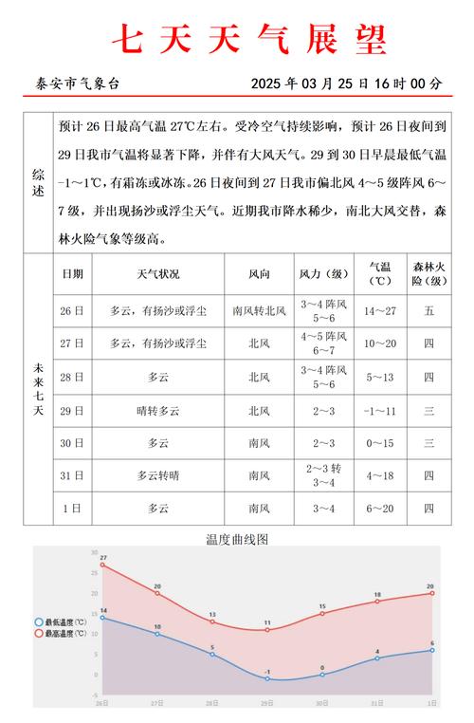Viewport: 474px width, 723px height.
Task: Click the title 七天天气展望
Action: coord(249,39)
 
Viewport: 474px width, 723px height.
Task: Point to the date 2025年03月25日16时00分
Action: coord(346,83)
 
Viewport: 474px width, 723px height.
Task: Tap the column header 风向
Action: coord(259,274)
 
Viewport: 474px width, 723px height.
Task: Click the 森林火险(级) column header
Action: coord(428,274)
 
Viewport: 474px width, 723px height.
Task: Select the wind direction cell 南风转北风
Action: coord(259,310)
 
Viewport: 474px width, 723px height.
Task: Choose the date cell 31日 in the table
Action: coord(72,475)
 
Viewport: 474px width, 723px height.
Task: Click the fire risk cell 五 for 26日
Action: coord(428,310)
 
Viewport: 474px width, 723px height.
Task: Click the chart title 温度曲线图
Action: coord(237,538)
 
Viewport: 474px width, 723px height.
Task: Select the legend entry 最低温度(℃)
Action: coord(61,622)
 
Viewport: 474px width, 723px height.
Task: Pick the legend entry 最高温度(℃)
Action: coord(61,633)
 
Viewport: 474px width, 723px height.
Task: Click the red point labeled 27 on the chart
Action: coord(102,565)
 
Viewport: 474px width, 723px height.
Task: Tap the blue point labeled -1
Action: coord(267,678)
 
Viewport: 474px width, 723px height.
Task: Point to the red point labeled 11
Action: coord(267,630)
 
